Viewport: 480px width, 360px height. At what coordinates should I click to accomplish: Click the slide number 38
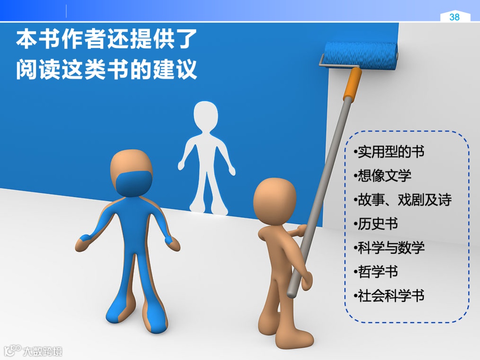454,17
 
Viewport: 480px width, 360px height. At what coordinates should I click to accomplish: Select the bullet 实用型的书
389,152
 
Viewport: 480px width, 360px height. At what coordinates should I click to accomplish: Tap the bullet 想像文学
383,176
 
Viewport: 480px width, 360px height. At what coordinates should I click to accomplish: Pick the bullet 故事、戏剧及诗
403,200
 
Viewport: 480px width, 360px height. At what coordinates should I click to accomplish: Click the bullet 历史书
376,224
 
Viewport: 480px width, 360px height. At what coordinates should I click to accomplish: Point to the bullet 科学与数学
389,248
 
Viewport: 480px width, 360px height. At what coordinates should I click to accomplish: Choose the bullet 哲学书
376,272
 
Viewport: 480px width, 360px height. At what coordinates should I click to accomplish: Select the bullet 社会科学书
389,296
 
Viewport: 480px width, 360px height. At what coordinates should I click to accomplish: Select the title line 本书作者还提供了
106,40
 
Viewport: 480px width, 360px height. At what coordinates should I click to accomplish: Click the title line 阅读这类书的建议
106,70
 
